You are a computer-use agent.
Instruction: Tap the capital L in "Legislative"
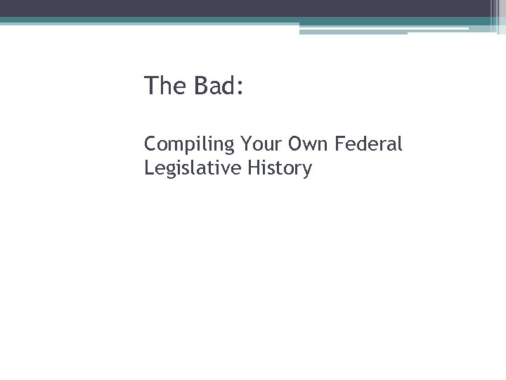pyautogui.click(x=148, y=168)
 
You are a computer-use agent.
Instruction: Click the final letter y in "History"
pyautogui.click(x=306, y=171)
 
